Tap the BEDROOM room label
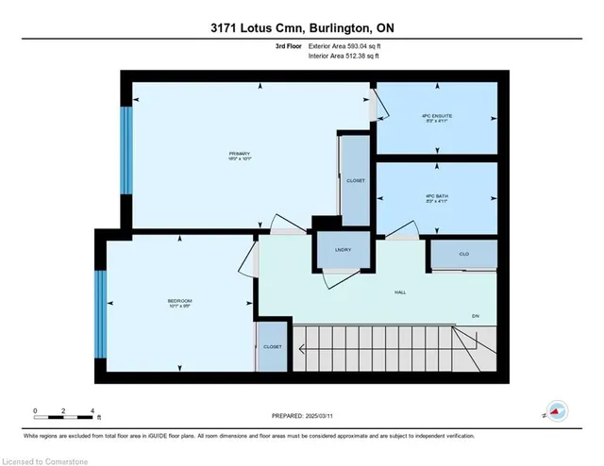pos(179,303)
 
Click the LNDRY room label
pos(344,249)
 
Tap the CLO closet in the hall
pos(463,254)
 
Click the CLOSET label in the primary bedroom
pos(355,179)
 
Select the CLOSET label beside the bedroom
pos(271,347)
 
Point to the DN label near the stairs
pos(475,315)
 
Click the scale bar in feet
pos(64,412)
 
